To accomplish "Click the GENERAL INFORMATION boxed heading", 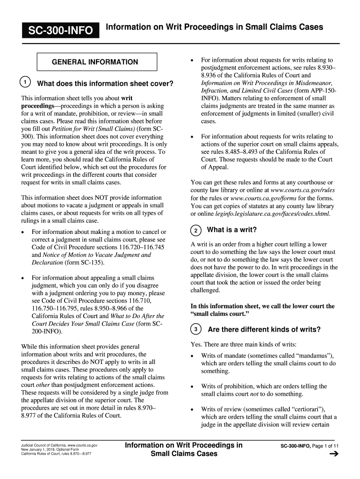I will [x=94, y=62].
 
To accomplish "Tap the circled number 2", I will [x=196, y=230].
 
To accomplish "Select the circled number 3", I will [x=196, y=330].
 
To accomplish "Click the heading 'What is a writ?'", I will [x=232, y=230].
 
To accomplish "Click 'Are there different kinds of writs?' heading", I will [x=264, y=330].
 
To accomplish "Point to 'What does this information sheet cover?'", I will [x=105, y=84].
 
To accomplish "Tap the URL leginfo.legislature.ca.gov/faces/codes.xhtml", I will [x=266, y=213].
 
